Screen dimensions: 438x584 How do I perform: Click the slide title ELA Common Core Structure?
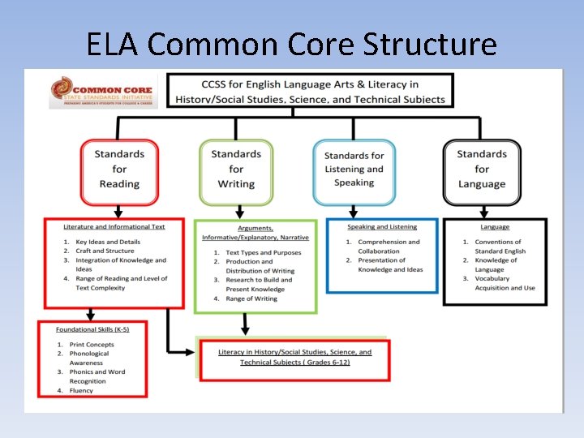[292, 43]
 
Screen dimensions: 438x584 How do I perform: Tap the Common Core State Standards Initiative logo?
[92, 92]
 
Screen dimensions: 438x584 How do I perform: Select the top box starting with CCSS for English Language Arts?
[310, 92]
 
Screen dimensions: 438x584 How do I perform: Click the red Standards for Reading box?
[119, 170]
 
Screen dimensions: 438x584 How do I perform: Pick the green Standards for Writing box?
[236, 169]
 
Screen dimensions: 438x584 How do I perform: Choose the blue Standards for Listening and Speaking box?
[354, 170]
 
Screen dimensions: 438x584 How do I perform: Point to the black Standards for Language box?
[482, 169]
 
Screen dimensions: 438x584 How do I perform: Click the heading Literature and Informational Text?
[114, 227]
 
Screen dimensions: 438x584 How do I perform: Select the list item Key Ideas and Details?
[107, 242]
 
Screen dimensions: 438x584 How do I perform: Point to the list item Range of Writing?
[251, 298]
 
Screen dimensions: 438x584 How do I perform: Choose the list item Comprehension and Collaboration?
[389, 247]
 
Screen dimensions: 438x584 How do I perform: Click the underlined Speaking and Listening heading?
[382, 227]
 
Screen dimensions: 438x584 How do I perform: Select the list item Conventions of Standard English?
[499, 247]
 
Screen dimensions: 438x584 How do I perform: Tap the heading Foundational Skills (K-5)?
[92, 330]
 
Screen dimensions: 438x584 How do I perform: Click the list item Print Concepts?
[91, 345]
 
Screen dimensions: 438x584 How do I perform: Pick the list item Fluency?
[81, 390]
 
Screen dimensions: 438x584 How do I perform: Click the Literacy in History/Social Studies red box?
[295, 358]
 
